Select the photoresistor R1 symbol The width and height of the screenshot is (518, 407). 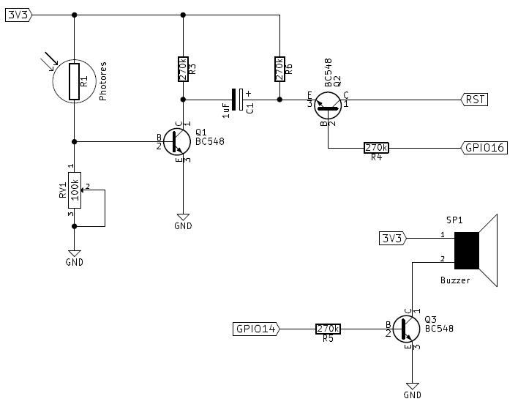(74, 81)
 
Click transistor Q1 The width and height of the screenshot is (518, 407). (176, 141)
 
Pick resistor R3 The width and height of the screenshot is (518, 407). (183, 70)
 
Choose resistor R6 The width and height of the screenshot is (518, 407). (279, 70)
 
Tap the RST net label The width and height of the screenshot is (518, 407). (473, 100)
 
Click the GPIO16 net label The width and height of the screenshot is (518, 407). (484, 148)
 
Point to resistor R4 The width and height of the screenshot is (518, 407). (376, 148)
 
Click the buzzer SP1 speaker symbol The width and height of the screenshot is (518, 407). (475, 250)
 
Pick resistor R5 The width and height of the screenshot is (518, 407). (328, 329)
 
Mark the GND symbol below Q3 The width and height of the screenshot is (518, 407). (413, 386)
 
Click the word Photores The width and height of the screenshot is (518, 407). (103, 81)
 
